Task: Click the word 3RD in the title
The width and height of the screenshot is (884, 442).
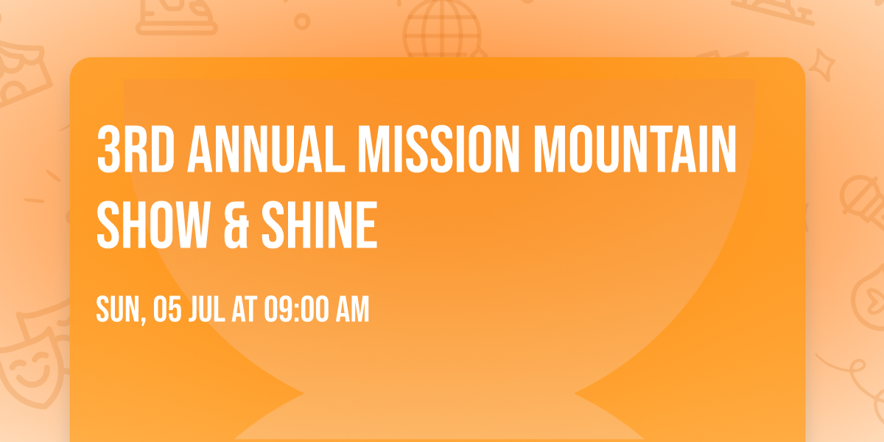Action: pos(135,150)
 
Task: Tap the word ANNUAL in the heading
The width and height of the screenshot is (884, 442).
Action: pos(268,150)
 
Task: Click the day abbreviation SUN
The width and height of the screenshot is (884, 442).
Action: pos(116,310)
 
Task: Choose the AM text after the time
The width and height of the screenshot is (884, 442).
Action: pos(352,310)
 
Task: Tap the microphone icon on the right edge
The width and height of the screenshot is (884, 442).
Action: pos(860,199)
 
